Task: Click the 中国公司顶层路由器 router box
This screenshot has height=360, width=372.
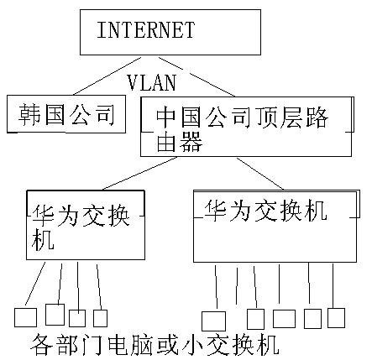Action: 245,126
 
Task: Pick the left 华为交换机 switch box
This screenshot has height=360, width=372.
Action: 84,225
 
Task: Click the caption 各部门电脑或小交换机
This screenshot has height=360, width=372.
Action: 153,344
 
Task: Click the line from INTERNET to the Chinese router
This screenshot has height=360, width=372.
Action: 193,74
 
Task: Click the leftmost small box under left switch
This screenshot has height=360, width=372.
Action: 25,317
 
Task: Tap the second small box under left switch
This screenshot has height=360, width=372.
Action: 55,315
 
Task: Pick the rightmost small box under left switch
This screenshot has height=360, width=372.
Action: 100,318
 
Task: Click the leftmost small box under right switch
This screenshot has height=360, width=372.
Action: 214,321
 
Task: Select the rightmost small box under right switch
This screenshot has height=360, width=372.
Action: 336,317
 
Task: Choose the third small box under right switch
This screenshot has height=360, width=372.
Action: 284,318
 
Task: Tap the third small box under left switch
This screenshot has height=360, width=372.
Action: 77,318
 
